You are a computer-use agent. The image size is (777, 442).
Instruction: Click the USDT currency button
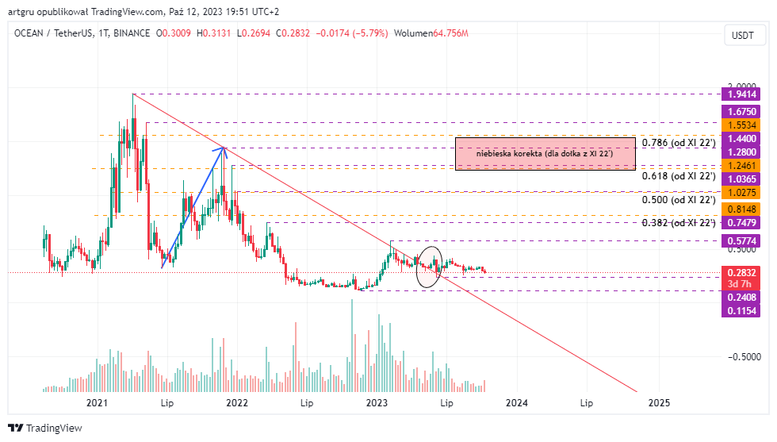pos(743,35)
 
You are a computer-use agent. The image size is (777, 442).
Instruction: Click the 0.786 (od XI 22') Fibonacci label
pos(679,143)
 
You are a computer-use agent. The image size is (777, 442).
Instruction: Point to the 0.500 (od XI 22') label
pos(679,200)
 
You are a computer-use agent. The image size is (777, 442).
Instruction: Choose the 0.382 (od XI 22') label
pos(679,223)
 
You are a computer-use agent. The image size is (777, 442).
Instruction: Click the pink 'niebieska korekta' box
pos(545,153)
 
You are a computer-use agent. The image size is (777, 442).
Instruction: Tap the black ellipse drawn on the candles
pos(429,267)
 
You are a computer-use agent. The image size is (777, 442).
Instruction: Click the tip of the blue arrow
pos(224,146)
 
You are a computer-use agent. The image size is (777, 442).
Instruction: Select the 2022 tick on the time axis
pos(238,403)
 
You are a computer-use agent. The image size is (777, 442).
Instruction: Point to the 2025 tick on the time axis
pos(658,403)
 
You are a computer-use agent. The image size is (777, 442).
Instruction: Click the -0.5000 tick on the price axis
pos(743,356)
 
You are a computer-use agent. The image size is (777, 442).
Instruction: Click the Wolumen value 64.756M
pos(450,33)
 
